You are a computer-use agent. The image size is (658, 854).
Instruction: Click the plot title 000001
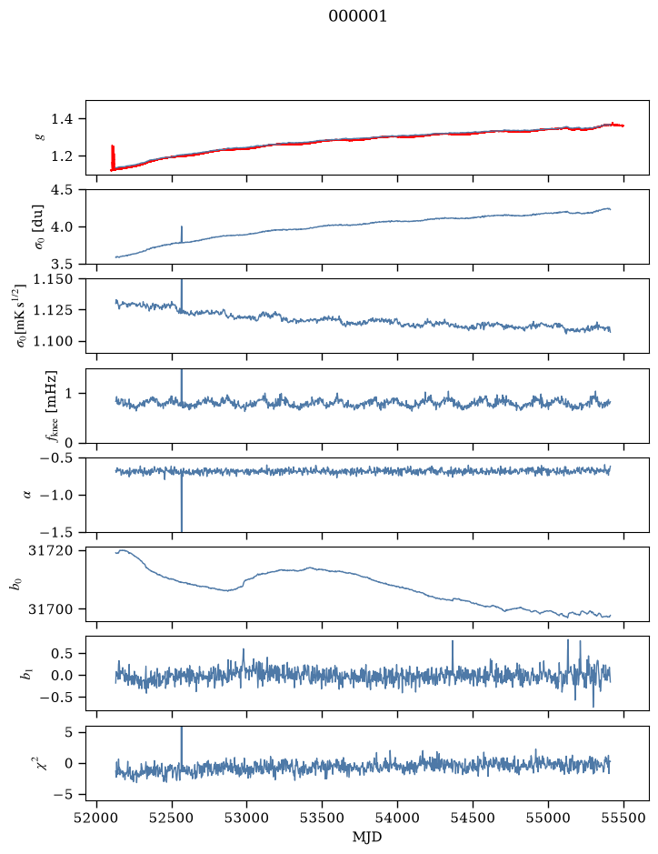tap(357, 16)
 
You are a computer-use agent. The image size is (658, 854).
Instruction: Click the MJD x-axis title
tap(367, 837)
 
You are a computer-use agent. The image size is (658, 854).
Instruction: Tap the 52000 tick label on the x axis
tap(97, 819)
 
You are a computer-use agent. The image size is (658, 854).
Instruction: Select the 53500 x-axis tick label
tap(323, 819)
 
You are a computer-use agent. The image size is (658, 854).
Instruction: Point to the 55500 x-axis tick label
tap(623, 819)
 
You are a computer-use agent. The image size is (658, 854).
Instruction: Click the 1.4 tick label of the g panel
tap(62, 119)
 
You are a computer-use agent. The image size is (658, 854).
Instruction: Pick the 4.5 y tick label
tap(62, 190)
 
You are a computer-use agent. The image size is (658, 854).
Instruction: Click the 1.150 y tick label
tap(54, 279)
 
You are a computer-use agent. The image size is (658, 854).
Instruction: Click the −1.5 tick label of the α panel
tap(57, 532)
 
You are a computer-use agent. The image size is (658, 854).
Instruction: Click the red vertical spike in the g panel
tap(113, 156)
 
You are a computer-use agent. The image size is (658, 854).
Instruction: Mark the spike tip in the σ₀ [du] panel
tap(181, 226)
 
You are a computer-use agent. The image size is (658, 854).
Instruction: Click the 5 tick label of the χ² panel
tap(68, 732)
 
